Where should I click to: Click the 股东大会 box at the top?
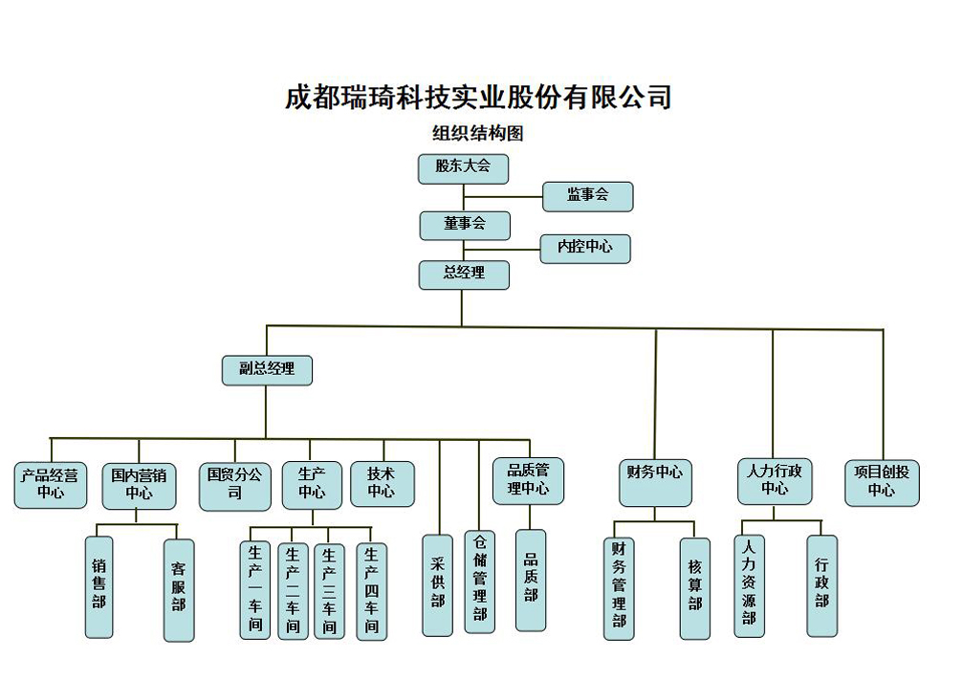(463, 168)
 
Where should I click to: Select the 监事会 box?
(587, 196)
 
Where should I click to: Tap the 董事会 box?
(465, 225)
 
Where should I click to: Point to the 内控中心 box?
(585, 248)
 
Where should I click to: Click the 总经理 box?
(464, 275)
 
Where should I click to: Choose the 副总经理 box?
(267, 369)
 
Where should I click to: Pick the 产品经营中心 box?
(51, 484)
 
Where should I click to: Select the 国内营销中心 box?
(139, 485)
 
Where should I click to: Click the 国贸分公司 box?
(234, 485)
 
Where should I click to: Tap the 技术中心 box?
(382, 484)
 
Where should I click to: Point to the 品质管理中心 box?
(528, 480)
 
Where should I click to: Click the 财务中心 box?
(655, 482)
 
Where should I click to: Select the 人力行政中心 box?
(775, 480)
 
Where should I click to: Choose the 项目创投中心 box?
(882, 482)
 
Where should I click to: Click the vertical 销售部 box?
(98, 584)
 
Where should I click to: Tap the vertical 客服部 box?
(179, 589)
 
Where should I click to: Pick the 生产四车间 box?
(371, 591)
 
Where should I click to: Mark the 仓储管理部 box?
(480, 582)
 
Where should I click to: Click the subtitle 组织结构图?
(478, 134)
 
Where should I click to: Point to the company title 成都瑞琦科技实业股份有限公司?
(478, 98)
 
